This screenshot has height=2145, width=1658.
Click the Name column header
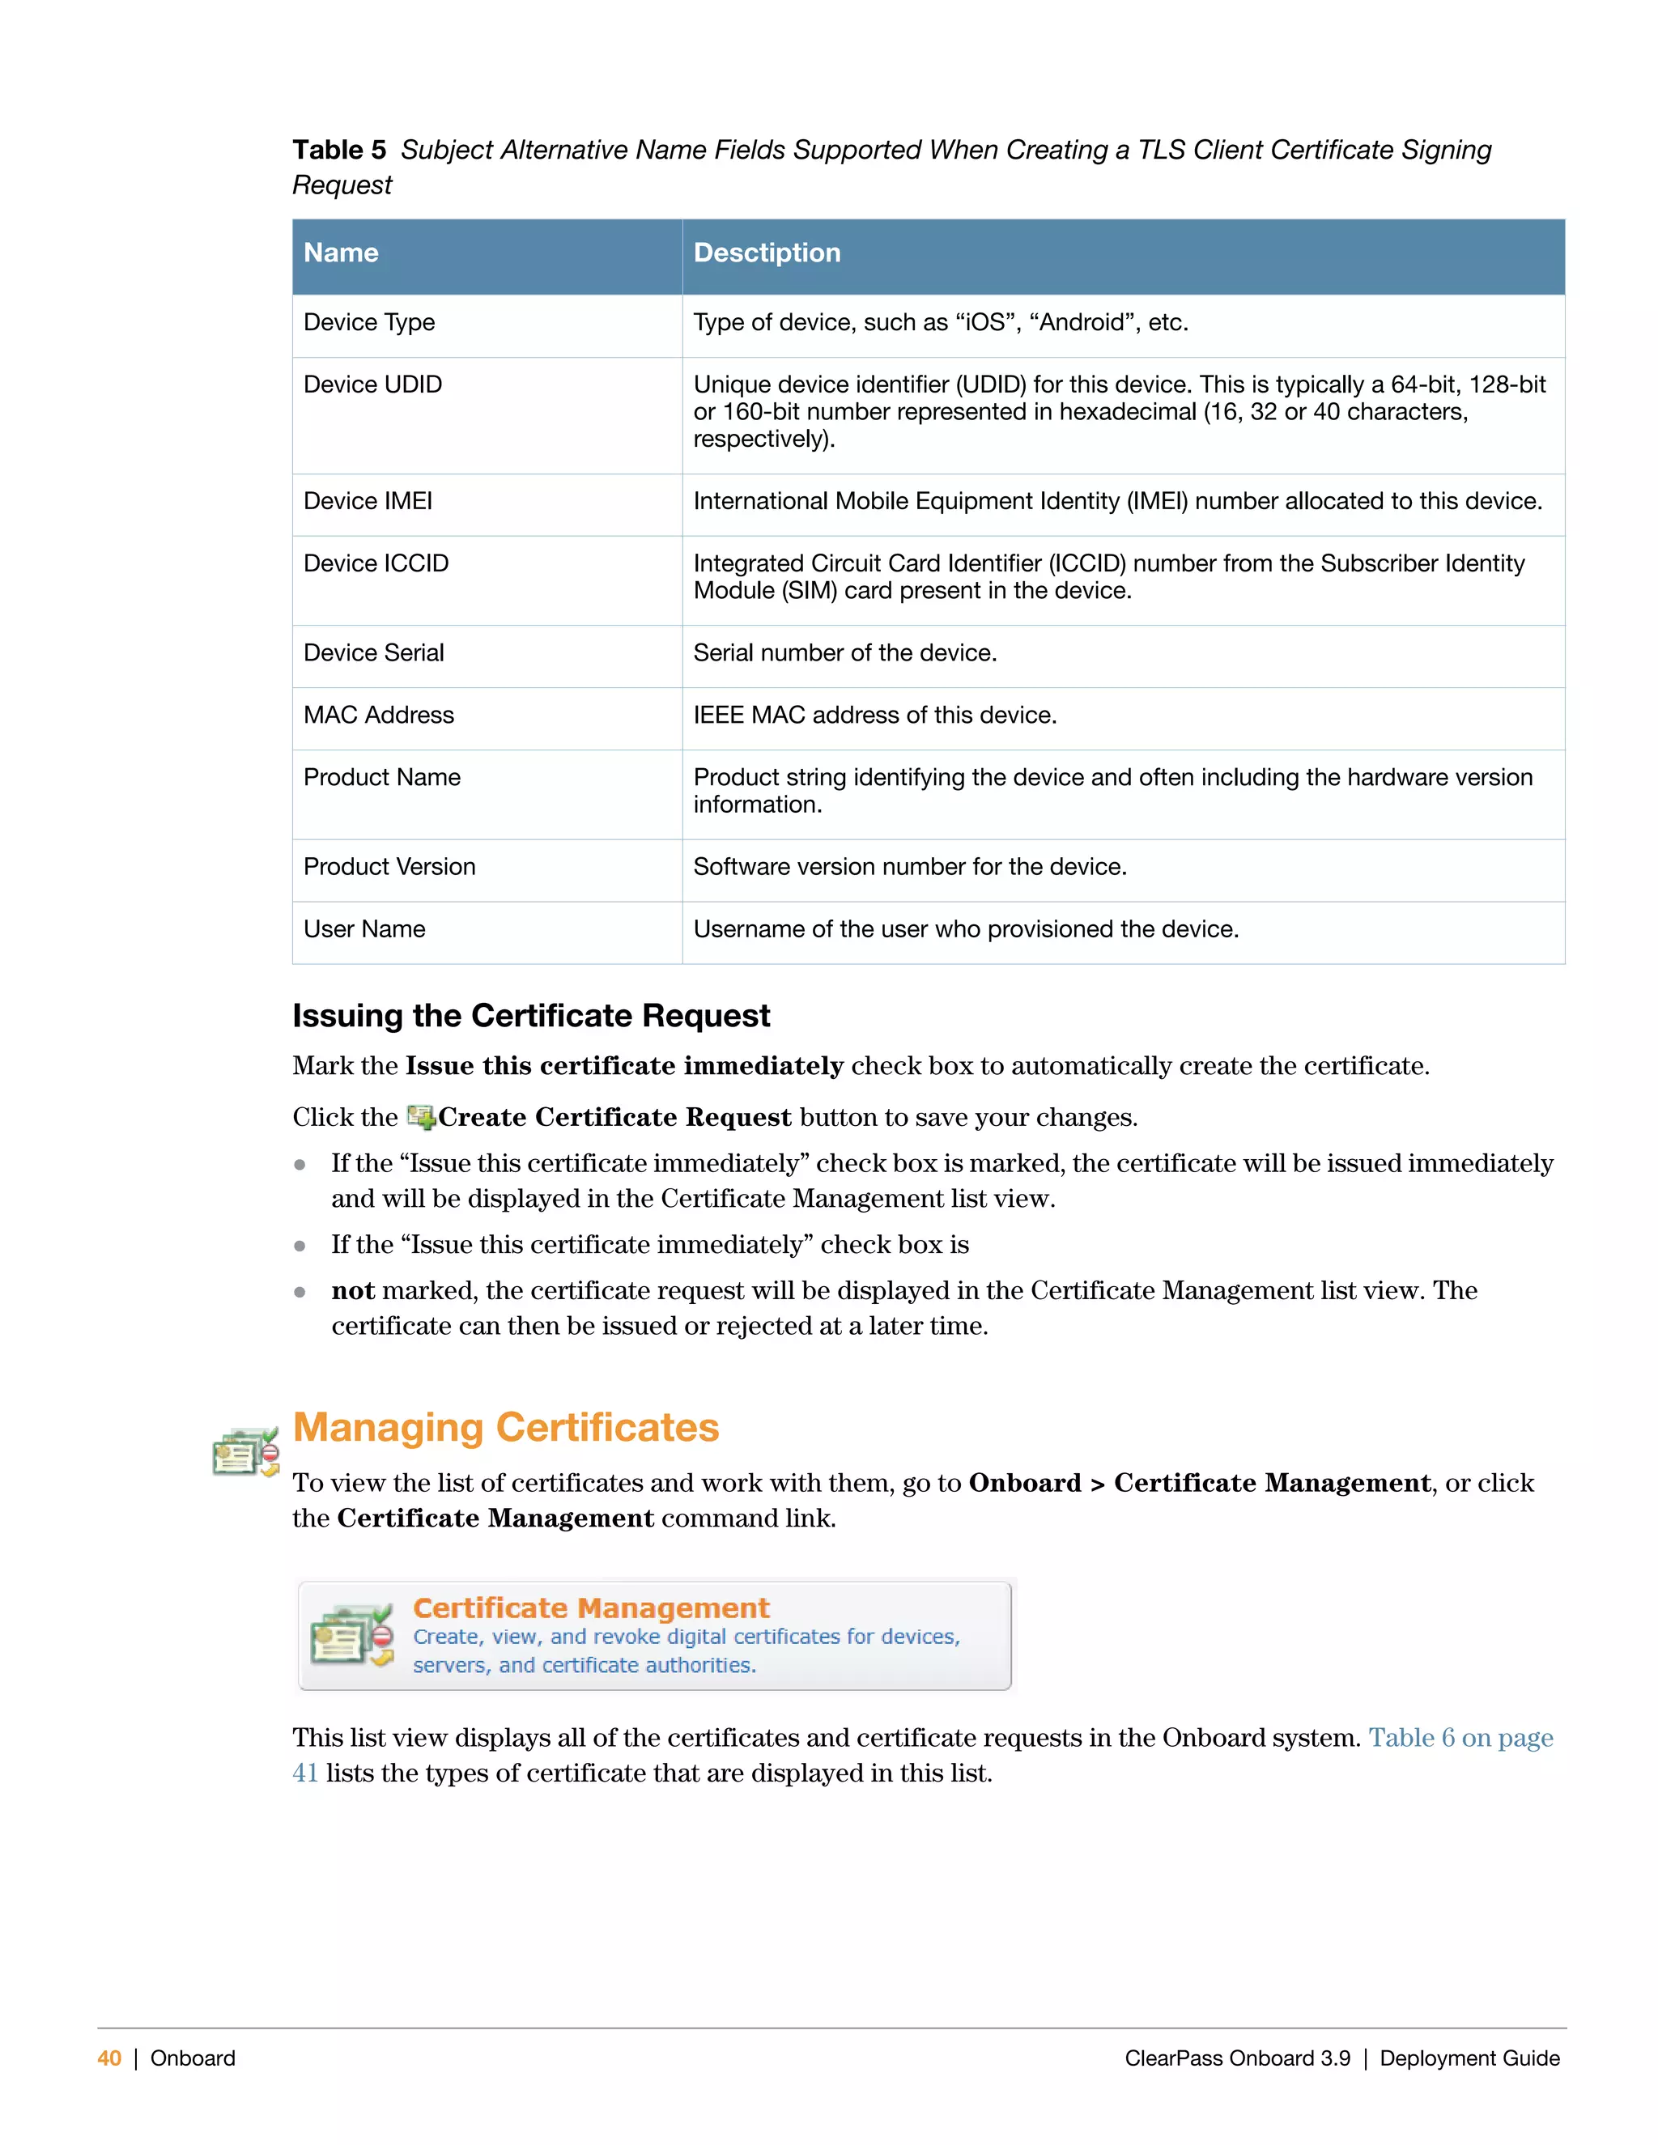click(x=341, y=253)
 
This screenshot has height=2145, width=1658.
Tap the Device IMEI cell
click(x=368, y=501)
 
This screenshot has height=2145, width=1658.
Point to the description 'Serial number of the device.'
click(x=844, y=653)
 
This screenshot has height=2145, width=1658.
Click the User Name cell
click(x=364, y=929)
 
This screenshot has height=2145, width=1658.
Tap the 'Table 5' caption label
click(x=339, y=151)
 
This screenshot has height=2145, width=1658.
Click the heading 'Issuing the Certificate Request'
click(x=530, y=1016)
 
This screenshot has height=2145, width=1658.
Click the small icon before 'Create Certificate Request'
click(x=420, y=1117)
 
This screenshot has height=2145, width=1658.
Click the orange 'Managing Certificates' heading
click(x=506, y=1427)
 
